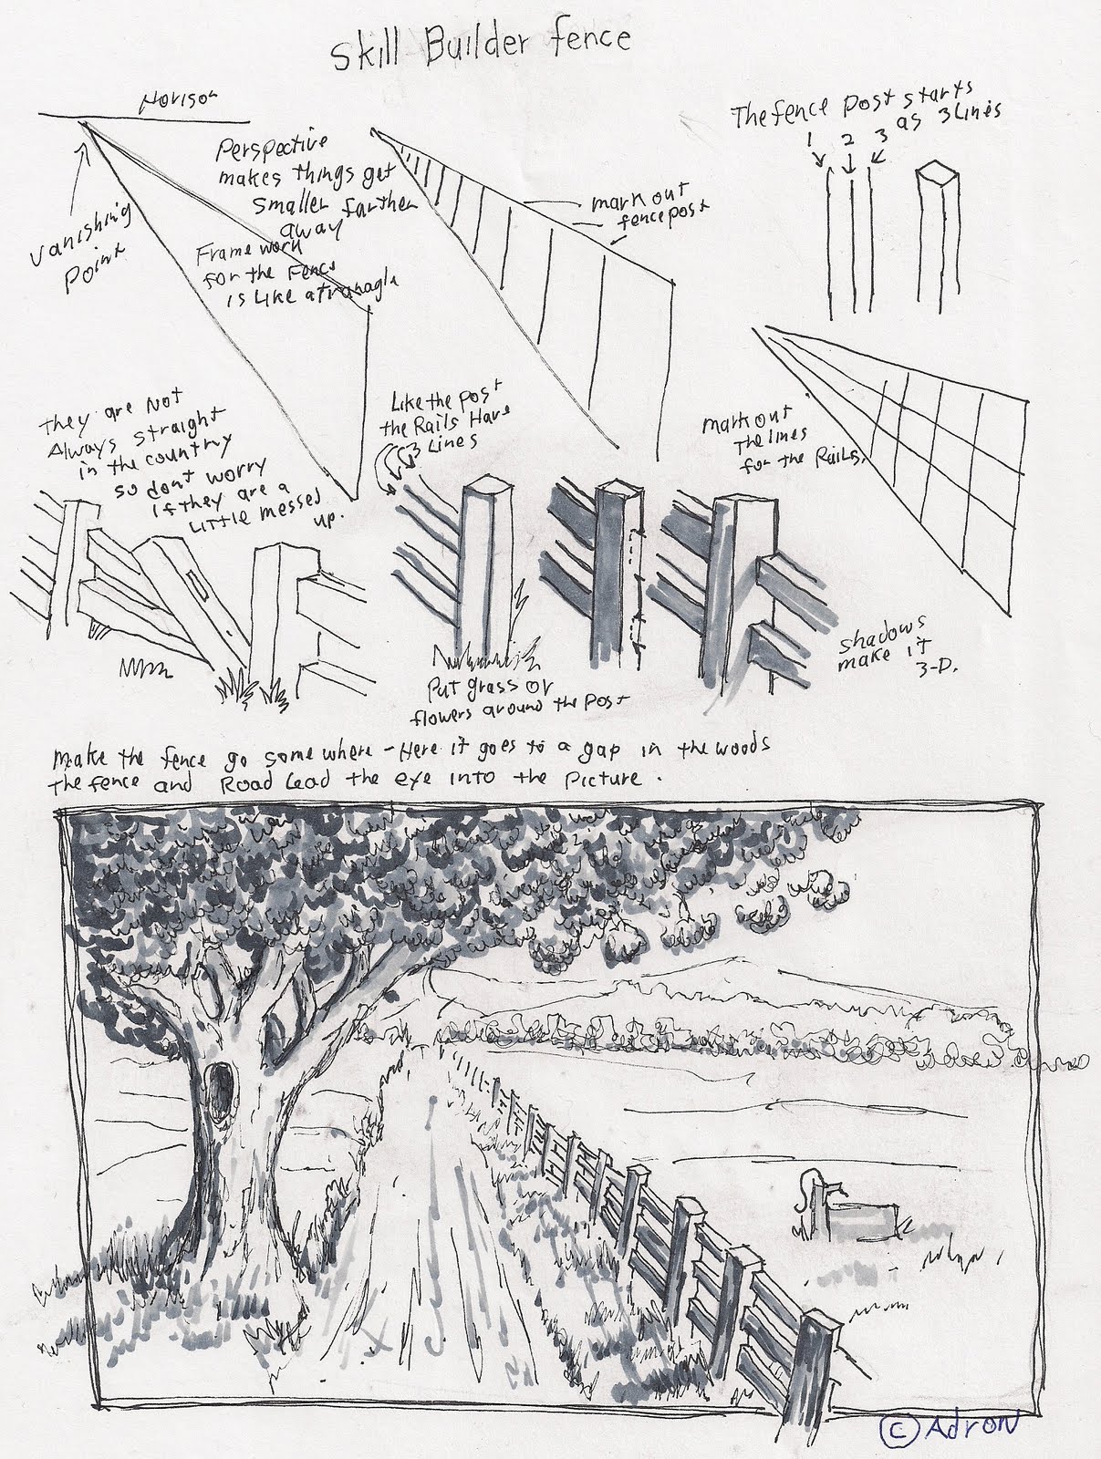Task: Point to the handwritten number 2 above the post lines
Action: pos(848,140)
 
